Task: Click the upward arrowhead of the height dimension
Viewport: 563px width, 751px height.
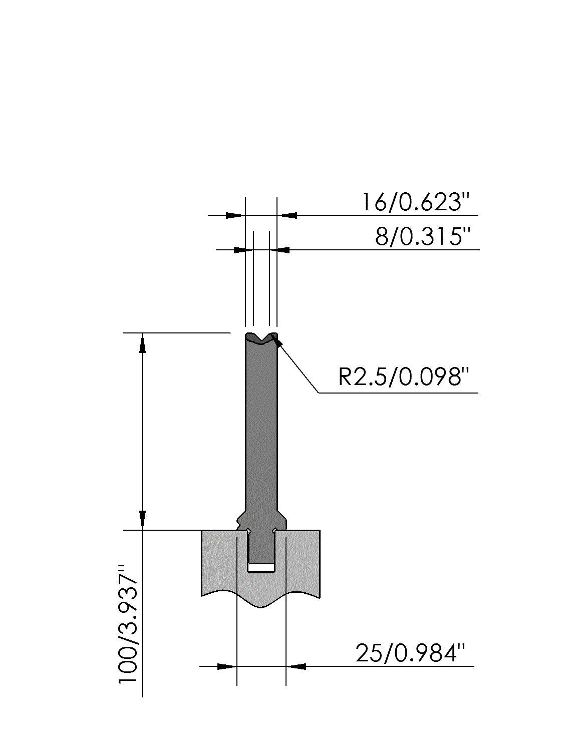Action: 142,342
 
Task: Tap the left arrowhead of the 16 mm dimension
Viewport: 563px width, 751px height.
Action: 236,216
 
